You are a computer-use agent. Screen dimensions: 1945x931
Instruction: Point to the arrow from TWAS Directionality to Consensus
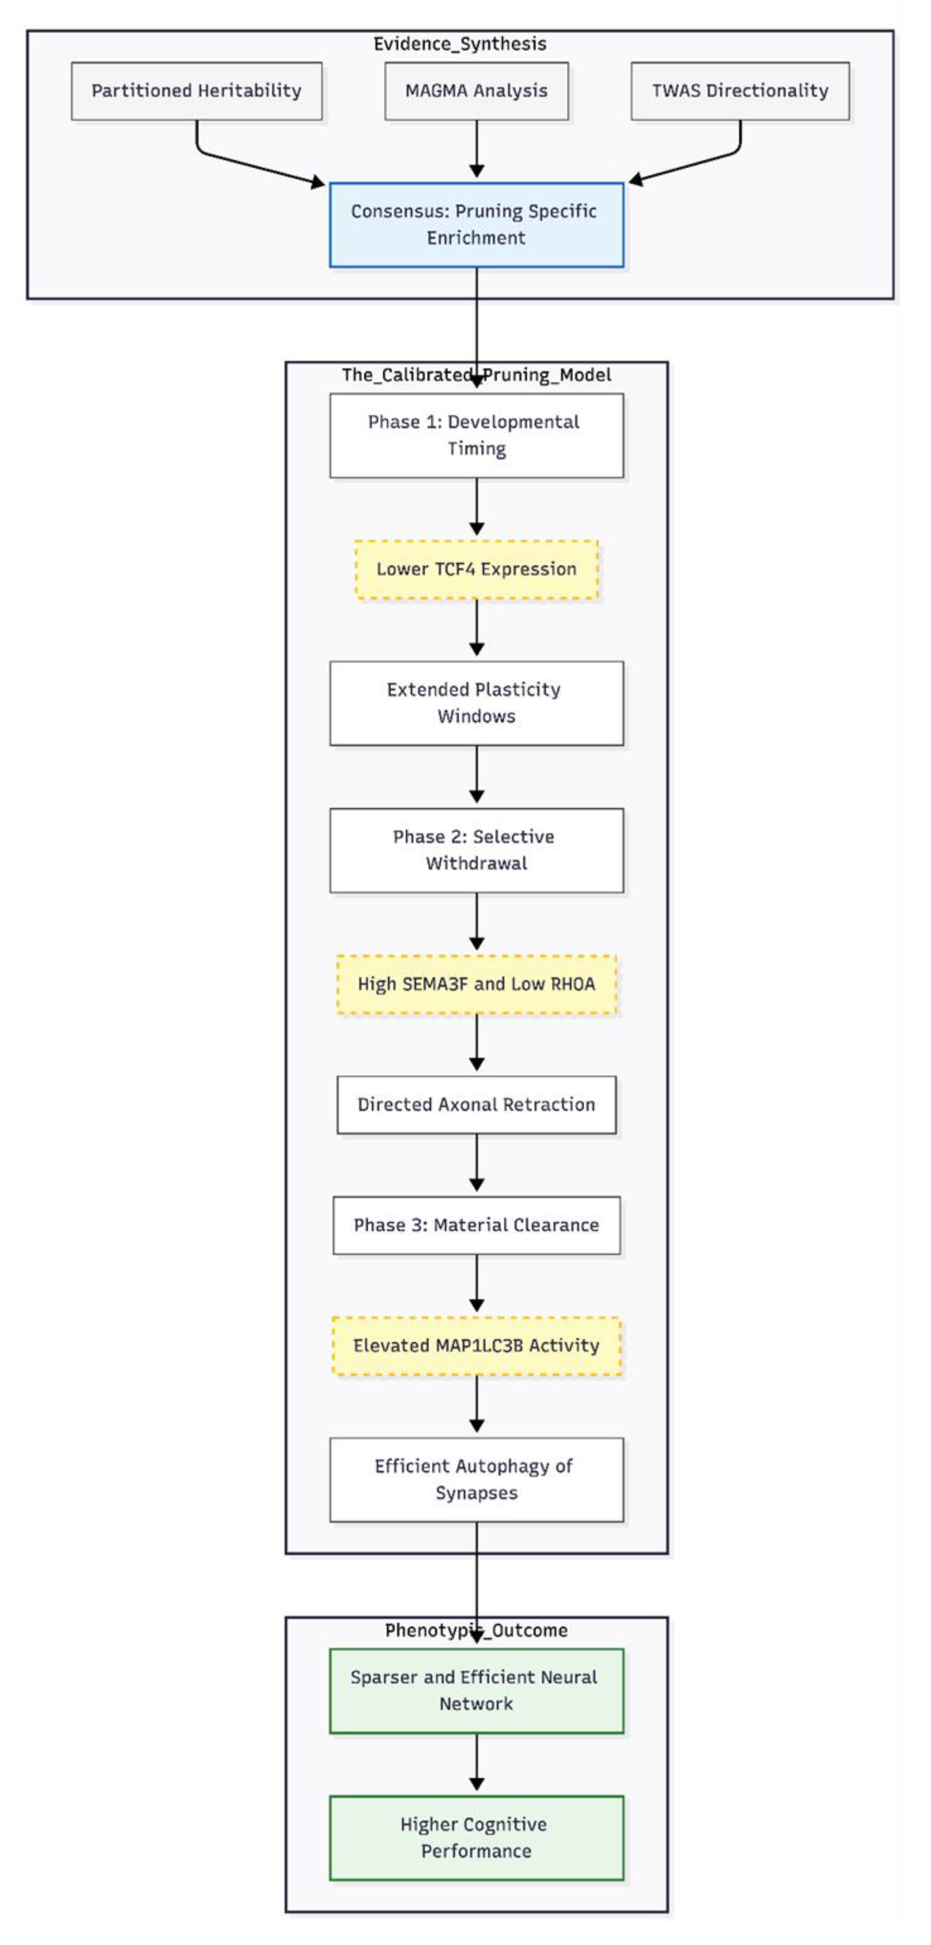pos(695,164)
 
